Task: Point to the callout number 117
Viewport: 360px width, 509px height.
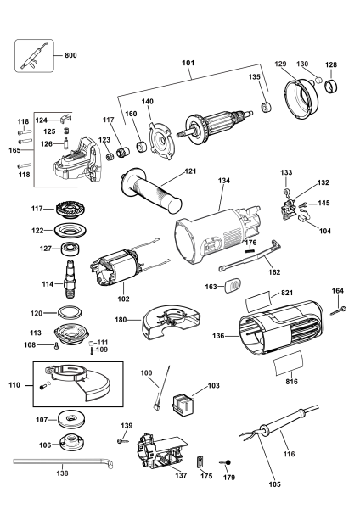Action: [108, 120]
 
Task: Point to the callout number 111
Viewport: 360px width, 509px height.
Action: [103, 342]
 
